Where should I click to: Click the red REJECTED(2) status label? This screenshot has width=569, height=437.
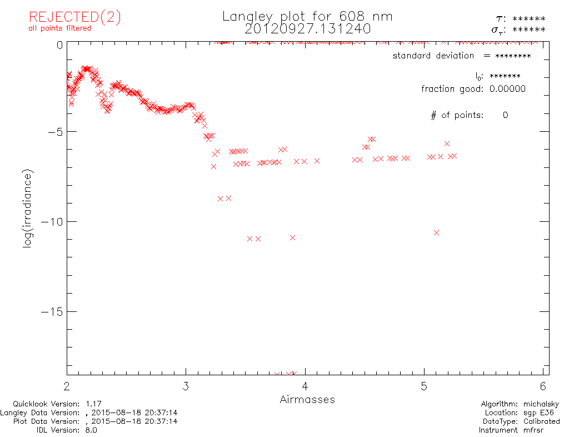(x=74, y=17)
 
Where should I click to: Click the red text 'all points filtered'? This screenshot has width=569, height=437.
(x=59, y=28)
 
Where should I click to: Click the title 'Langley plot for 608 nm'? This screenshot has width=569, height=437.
(x=307, y=16)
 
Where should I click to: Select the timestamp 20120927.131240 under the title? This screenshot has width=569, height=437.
(x=307, y=28)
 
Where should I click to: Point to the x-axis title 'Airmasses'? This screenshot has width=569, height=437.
(x=307, y=399)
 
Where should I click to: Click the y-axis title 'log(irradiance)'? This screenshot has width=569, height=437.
(x=28, y=208)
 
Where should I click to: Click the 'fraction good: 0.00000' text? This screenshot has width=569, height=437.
(x=473, y=89)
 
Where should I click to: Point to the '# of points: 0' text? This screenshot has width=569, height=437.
(x=469, y=115)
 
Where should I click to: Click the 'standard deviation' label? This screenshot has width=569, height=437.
(x=433, y=56)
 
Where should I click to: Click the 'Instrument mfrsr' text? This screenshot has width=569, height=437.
(x=518, y=430)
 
